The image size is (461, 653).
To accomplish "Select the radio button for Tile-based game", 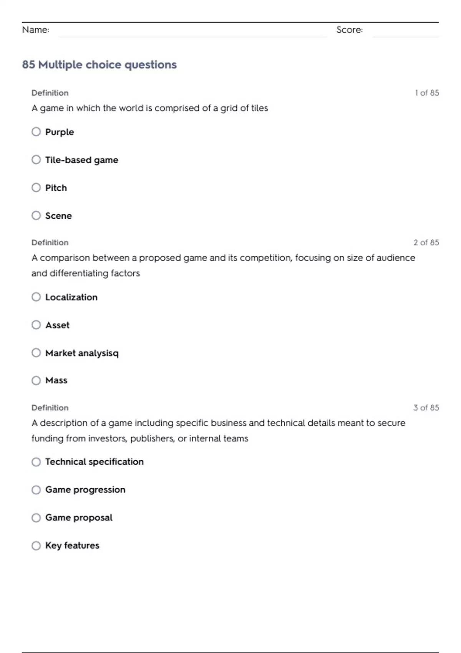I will pos(36,160).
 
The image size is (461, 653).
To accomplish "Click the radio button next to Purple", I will pos(36,132).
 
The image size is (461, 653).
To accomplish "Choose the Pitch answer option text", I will pos(56,188).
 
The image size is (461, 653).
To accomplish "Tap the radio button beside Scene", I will pos(36,215).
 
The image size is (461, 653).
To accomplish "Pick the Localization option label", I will pos(71,297).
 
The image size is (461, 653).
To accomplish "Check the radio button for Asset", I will pos(36,325).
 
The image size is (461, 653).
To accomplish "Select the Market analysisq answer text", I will pos(82,353).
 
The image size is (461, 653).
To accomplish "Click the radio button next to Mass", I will pos(36,380).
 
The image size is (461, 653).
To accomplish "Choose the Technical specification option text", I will pos(95,462).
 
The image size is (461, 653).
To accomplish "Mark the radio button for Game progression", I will pos(36,490).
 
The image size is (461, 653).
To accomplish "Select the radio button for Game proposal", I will pos(36,518).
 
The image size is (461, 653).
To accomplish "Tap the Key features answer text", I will pos(72,545).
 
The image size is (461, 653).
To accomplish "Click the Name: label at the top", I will pos(36,30).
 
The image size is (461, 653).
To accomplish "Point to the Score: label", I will pos(350,30).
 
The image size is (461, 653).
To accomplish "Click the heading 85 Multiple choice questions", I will pos(99,65).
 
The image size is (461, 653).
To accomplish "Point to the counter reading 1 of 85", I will pos(427,93).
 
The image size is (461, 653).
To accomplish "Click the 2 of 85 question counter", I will pos(426,242).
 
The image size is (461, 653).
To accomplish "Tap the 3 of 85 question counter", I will pos(426,408).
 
